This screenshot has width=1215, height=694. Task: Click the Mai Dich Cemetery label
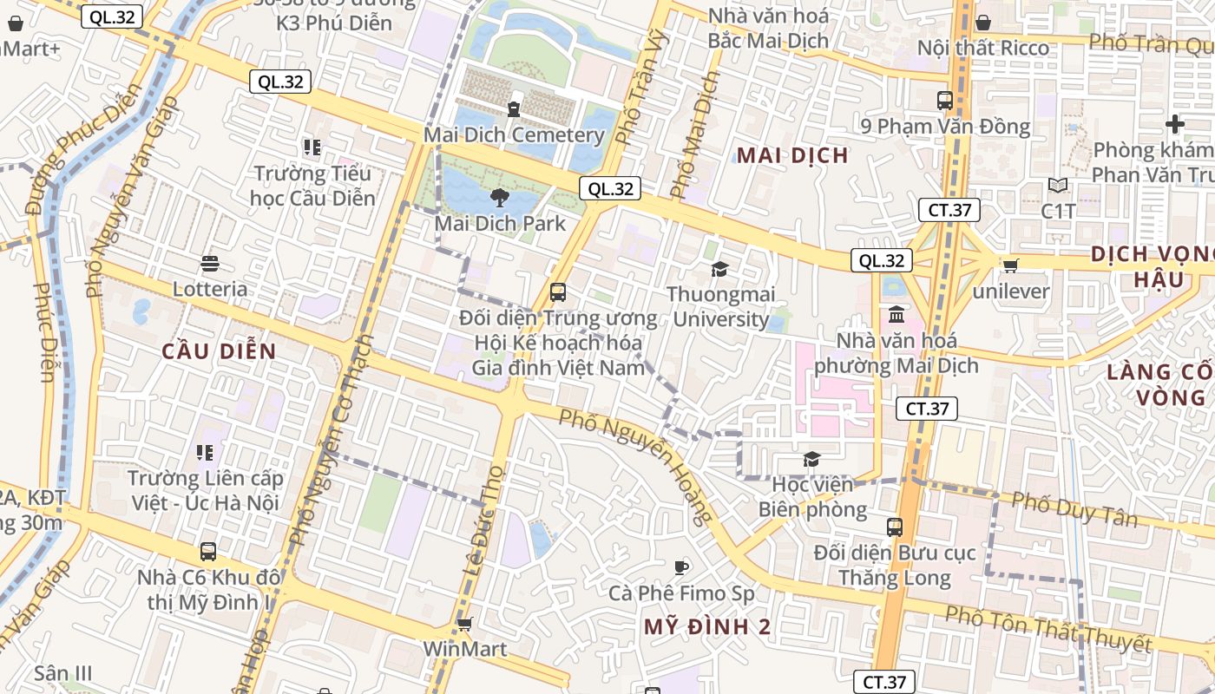tap(514, 135)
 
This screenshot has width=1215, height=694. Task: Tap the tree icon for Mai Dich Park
tap(500, 198)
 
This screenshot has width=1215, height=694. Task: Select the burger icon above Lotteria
tap(210, 263)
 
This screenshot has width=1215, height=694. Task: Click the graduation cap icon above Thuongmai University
tap(719, 269)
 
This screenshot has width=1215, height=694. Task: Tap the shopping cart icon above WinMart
tap(464, 624)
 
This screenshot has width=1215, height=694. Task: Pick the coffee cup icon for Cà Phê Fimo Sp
tap(681, 568)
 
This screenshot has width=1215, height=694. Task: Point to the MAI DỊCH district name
tap(791, 155)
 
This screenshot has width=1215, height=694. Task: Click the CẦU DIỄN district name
tap(219, 351)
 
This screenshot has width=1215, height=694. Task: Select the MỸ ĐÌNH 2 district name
tap(707, 627)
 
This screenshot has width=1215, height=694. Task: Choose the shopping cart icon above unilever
tap(1010, 265)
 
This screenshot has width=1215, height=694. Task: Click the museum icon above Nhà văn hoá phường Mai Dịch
tap(896, 313)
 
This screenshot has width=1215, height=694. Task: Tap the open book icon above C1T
tap(1058, 186)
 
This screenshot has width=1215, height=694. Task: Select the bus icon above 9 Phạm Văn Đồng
tap(945, 101)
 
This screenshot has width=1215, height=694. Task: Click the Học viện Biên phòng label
tap(812, 496)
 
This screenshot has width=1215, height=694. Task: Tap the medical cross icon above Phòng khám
tap(1175, 124)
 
